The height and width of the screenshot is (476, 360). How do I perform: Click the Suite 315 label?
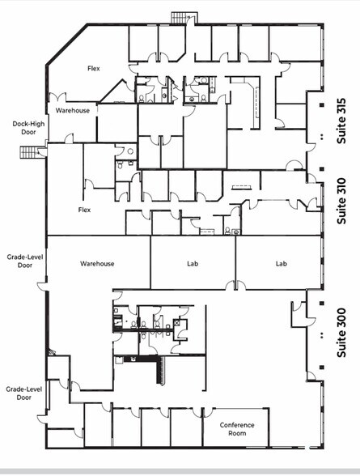coord(341,121)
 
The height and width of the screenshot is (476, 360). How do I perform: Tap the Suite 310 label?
coord(341,201)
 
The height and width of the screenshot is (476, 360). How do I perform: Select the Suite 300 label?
coord(341,333)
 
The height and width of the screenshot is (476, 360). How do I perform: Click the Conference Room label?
coord(237,429)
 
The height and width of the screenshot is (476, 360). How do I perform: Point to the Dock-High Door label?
coord(28,128)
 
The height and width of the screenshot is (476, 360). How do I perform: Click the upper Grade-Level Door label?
coord(25,261)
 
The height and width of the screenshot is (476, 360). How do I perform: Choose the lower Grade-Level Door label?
coord(24,393)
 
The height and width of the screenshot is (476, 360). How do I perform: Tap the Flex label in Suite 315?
coord(93,68)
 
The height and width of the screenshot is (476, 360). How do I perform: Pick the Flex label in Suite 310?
coord(84,210)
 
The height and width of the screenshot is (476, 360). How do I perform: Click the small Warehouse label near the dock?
coord(73,110)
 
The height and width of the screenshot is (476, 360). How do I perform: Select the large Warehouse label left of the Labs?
coord(97,264)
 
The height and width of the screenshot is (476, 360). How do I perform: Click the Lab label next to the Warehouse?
coord(193,264)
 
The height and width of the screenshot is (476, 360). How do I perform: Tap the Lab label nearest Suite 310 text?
coord(282,264)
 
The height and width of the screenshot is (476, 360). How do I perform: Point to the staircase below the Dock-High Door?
coord(29,152)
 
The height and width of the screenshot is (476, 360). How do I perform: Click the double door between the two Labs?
coord(235,285)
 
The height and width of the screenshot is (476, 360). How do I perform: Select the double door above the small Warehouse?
coord(57,97)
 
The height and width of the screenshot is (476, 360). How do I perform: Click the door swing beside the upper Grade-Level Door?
coord(42,286)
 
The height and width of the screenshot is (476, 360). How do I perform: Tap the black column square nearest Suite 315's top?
coord(322,105)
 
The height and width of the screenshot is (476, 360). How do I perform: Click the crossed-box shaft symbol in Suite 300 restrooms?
coord(177,323)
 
